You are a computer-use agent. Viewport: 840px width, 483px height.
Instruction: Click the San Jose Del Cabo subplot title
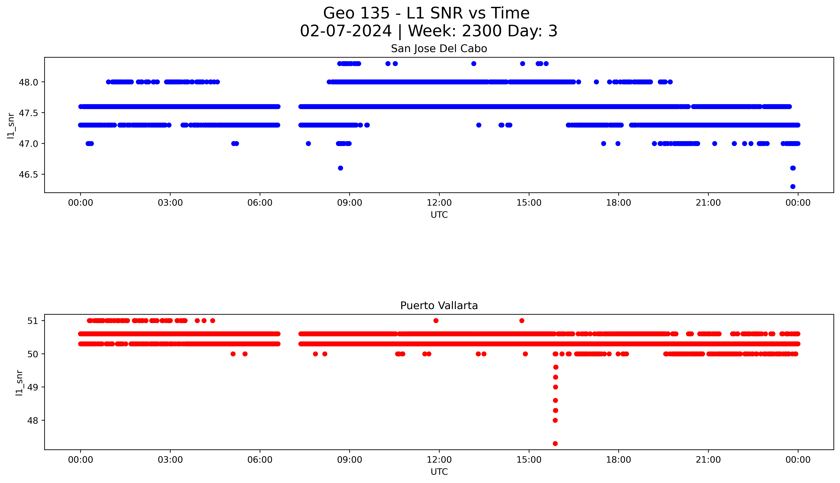click(x=439, y=49)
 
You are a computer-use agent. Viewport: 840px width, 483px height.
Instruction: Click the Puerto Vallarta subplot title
click(x=439, y=306)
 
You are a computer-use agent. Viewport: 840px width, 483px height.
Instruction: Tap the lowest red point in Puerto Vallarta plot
click(x=555, y=444)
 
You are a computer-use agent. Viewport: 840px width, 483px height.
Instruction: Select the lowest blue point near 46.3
click(x=793, y=186)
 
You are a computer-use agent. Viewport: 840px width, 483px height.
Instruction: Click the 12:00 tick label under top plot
click(x=439, y=203)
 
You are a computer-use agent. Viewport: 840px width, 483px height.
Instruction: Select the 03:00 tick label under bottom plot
click(x=170, y=460)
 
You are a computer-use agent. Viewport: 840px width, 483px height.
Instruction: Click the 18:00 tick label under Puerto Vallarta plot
click(x=618, y=460)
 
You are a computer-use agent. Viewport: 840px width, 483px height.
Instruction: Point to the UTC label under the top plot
click(x=439, y=215)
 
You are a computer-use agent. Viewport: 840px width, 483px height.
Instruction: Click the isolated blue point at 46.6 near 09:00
click(x=340, y=168)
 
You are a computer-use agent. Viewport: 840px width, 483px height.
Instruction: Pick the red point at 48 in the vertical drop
click(x=555, y=420)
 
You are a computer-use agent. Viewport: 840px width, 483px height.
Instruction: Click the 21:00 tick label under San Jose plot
click(x=708, y=203)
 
